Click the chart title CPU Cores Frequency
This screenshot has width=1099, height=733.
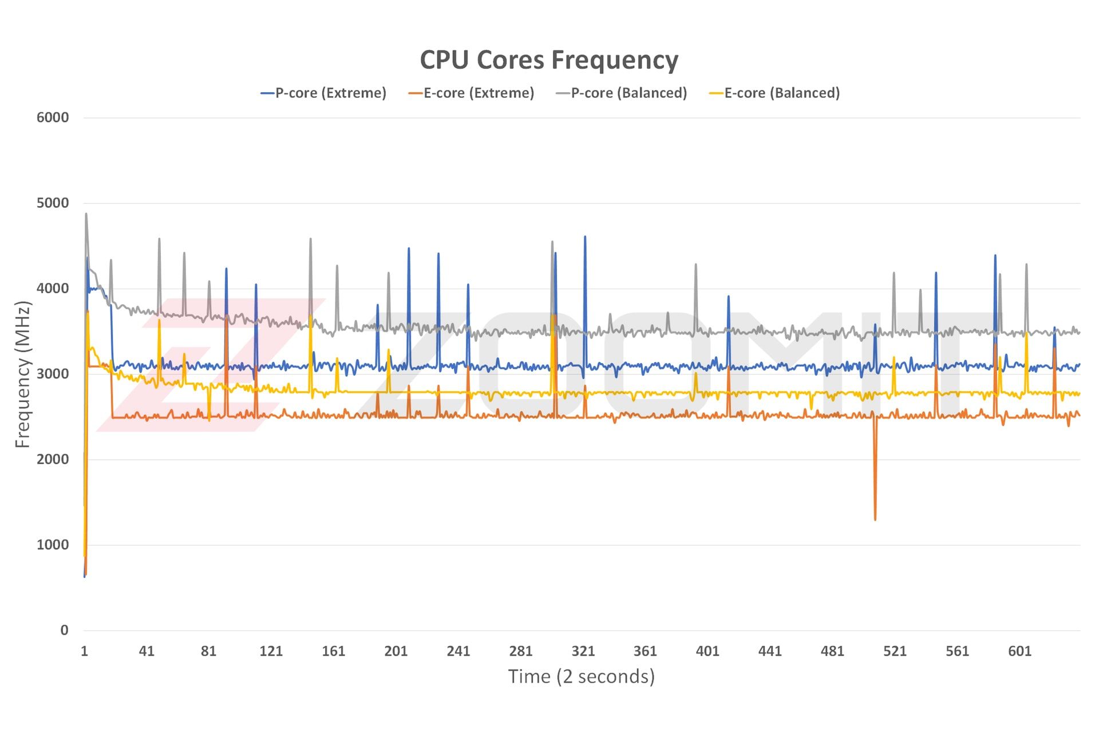(x=549, y=60)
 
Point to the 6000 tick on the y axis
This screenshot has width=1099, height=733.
(x=53, y=117)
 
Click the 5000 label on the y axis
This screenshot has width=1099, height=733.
(x=53, y=203)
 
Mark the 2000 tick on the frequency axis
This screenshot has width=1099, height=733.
(x=53, y=459)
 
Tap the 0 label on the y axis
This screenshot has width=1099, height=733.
(x=64, y=630)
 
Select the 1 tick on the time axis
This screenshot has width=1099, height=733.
(x=85, y=651)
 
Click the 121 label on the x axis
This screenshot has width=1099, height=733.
(x=271, y=651)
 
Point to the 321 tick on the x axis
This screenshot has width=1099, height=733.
(x=583, y=651)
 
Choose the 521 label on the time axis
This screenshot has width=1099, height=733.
(x=895, y=651)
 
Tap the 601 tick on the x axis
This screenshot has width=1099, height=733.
(x=1019, y=651)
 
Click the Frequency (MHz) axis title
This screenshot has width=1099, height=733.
(x=23, y=375)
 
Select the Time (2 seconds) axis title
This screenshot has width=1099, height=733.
(x=581, y=676)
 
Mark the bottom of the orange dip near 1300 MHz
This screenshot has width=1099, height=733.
(x=875, y=519)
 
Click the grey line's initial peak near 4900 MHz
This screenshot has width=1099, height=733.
(x=86, y=214)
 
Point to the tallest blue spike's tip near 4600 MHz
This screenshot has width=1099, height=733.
(x=585, y=237)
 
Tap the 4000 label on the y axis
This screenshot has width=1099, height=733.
(x=53, y=288)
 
